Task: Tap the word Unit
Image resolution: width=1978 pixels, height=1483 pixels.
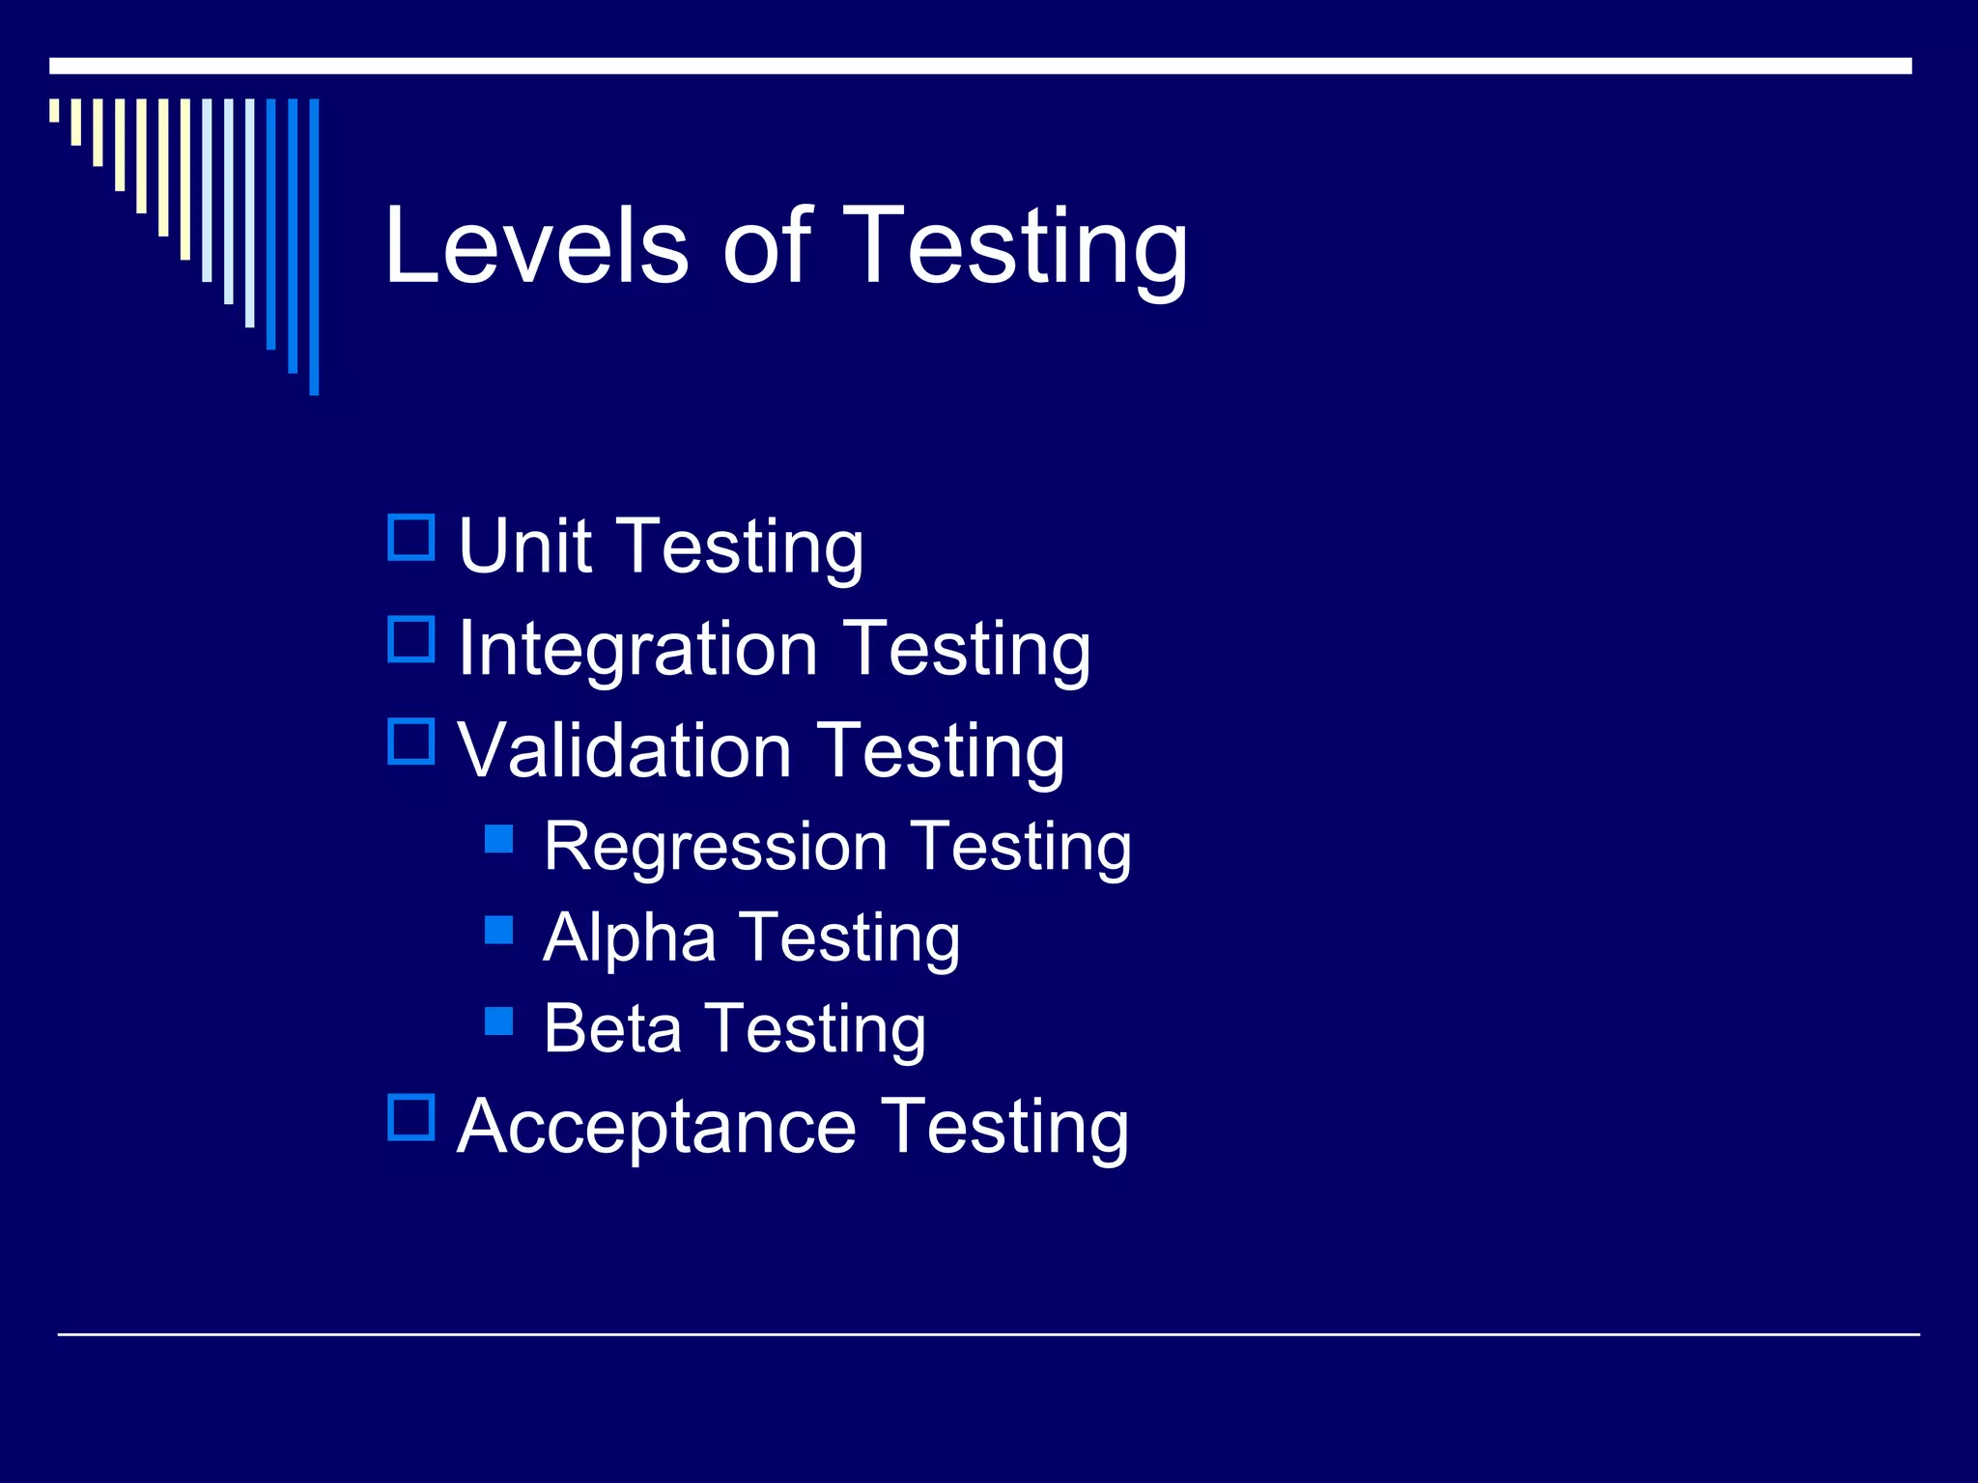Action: point(524,546)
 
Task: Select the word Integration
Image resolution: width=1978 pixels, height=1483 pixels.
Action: point(638,650)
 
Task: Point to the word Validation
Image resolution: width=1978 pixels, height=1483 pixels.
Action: point(624,750)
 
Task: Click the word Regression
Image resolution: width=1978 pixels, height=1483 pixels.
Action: point(715,847)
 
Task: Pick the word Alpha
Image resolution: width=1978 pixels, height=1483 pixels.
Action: point(630,937)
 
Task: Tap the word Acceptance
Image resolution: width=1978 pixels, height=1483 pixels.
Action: point(657,1127)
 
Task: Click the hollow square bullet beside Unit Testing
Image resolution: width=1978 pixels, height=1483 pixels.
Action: point(411,538)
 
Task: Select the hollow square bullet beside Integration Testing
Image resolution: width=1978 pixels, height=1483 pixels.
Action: point(411,639)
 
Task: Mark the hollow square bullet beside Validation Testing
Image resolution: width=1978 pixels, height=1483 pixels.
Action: point(411,741)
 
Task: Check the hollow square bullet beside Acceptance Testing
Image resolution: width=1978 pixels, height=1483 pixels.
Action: point(411,1117)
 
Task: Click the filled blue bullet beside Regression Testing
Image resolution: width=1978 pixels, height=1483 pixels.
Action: point(498,838)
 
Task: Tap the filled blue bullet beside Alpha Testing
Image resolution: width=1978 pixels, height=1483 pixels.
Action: point(498,929)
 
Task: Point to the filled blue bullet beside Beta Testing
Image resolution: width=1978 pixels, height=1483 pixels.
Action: point(498,1021)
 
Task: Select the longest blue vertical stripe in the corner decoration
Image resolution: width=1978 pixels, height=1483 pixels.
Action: point(314,246)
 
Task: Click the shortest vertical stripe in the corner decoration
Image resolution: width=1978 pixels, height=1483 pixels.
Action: point(54,110)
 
